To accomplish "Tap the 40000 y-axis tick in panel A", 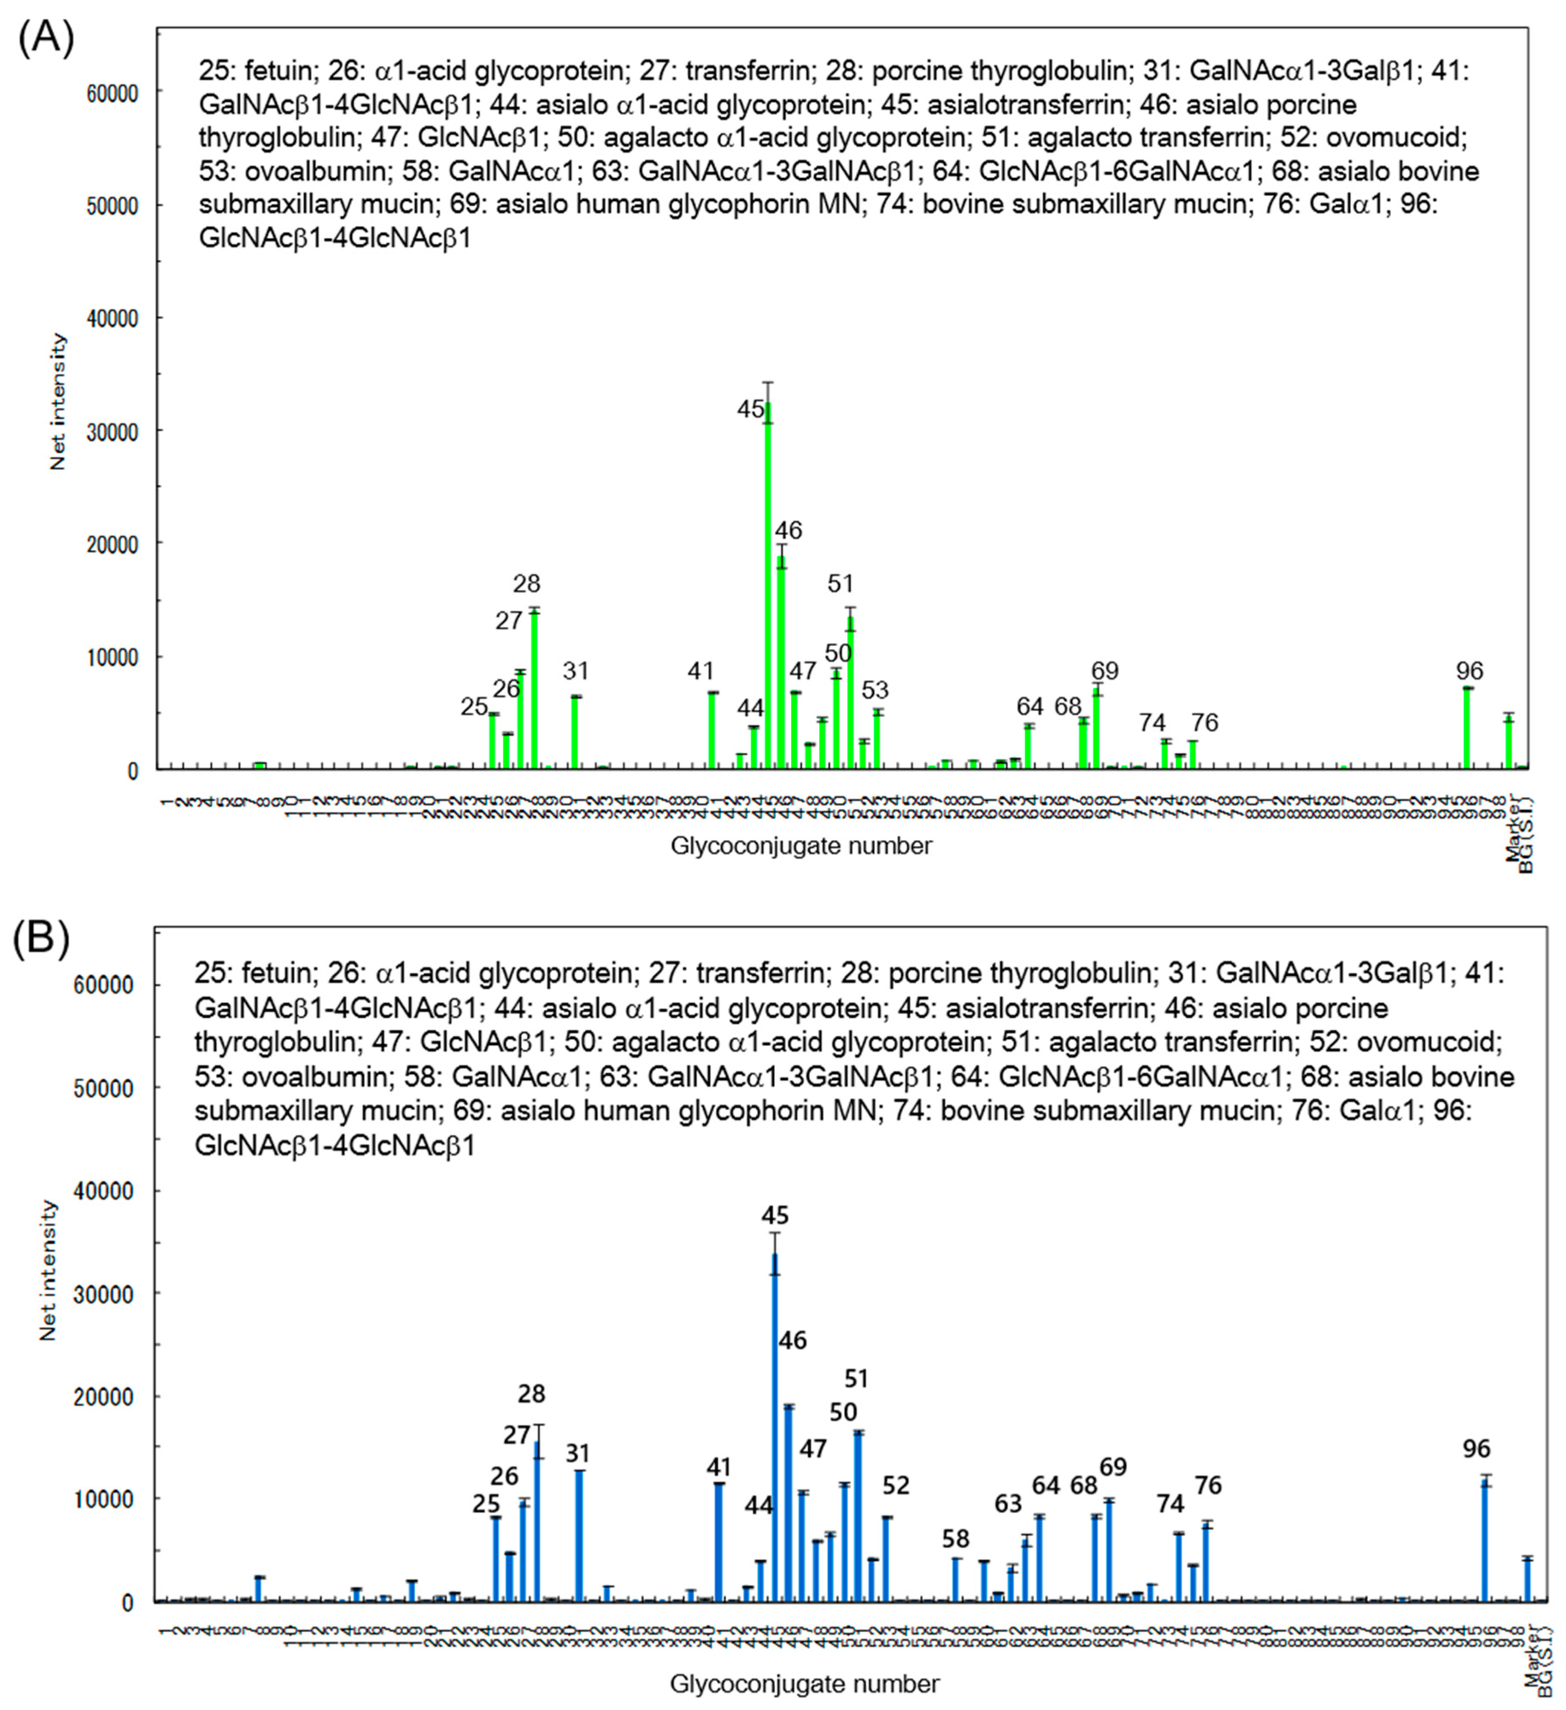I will (x=113, y=318).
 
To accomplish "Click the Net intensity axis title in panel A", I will (x=58, y=401).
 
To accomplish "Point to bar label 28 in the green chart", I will (x=526, y=583).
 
